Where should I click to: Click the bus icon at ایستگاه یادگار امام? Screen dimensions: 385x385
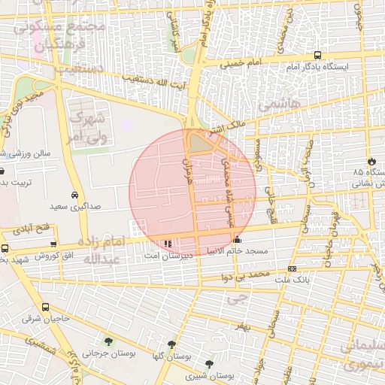[x=317, y=56]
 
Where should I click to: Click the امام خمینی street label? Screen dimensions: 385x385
[x=242, y=62]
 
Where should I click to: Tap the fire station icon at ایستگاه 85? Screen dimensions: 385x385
[x=371, y=161]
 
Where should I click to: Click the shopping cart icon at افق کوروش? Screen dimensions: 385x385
[x=53, y=244]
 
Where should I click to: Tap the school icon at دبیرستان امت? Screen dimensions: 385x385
[x=167, y=244]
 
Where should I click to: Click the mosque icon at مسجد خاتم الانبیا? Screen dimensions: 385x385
[x=238, y=240]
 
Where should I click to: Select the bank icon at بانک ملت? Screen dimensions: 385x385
[x=292, y=268]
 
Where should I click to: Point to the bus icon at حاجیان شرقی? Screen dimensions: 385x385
[x=46, y=307]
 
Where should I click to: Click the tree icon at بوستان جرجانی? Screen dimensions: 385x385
[x=109, y=341]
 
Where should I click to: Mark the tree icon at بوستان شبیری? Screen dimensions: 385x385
[x=209, y=364]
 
